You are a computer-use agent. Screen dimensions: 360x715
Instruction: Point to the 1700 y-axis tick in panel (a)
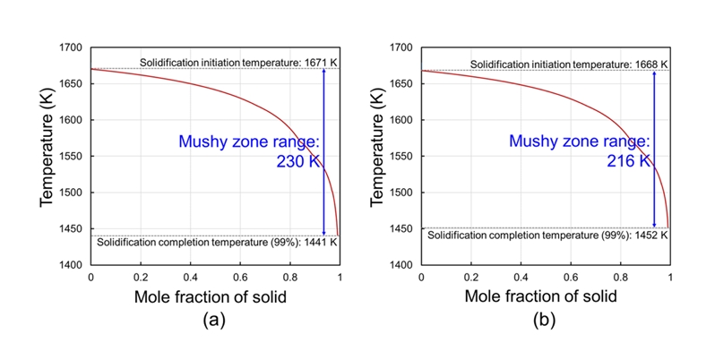point(70,47)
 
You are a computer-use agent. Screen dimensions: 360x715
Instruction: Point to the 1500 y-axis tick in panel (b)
point(401,193)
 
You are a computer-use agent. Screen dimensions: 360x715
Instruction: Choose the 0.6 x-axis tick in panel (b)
point(571,279)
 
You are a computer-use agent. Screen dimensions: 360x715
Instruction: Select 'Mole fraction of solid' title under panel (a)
point(215,296)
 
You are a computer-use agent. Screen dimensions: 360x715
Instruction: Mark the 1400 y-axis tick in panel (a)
point(70,265)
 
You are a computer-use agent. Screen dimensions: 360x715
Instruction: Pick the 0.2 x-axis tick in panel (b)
point(471,279)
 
